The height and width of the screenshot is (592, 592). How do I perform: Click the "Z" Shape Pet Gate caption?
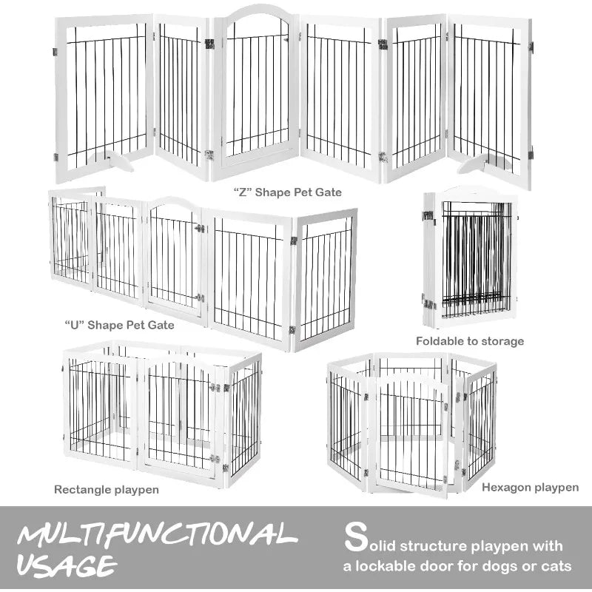(288, 192)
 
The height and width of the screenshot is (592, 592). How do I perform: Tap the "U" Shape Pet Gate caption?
(119, 325)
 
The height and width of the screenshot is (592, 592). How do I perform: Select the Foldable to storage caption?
(469, 341)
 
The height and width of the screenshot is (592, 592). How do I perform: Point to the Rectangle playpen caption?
(107, 489)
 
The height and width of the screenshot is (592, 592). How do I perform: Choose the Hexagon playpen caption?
(530, 487)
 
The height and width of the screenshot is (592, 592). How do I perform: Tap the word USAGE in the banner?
(67, 566)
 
